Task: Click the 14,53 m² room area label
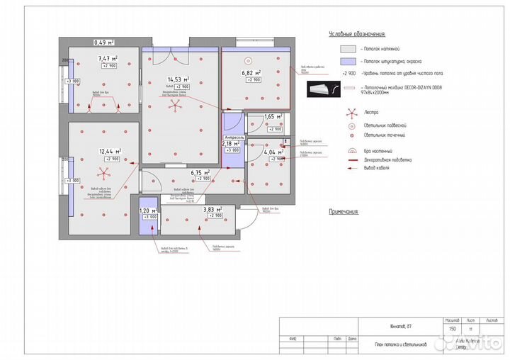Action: point(175,79)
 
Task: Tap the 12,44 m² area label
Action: point(108,151)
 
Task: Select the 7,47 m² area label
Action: point(107,58)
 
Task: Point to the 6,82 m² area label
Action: point(251,73)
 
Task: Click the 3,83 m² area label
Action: point(212,210)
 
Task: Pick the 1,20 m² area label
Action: point(149,210)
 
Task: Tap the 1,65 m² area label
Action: point(273,117)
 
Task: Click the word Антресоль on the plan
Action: point(234,135)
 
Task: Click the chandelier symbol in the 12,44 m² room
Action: point(103,176)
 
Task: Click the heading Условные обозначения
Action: point(357,33)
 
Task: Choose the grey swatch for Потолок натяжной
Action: point(347,48)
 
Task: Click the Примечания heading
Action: point(344,211)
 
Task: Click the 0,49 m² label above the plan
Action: point(105,42)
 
